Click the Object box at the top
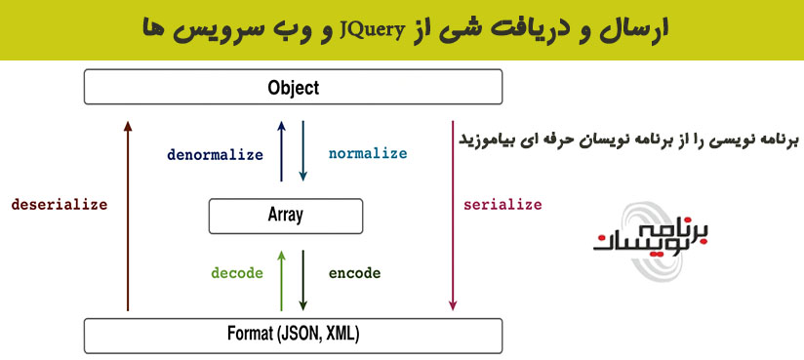293,88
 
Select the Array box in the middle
285,216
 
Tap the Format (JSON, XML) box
293,336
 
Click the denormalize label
215,154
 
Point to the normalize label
368,154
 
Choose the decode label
238,273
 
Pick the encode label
354,273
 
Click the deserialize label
59,205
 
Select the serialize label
502,205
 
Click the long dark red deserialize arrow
128,215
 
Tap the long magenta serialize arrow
452,215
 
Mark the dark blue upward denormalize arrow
282,151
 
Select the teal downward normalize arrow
303,151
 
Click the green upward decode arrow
282,277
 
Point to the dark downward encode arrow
303,277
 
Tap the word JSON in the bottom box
297,336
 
